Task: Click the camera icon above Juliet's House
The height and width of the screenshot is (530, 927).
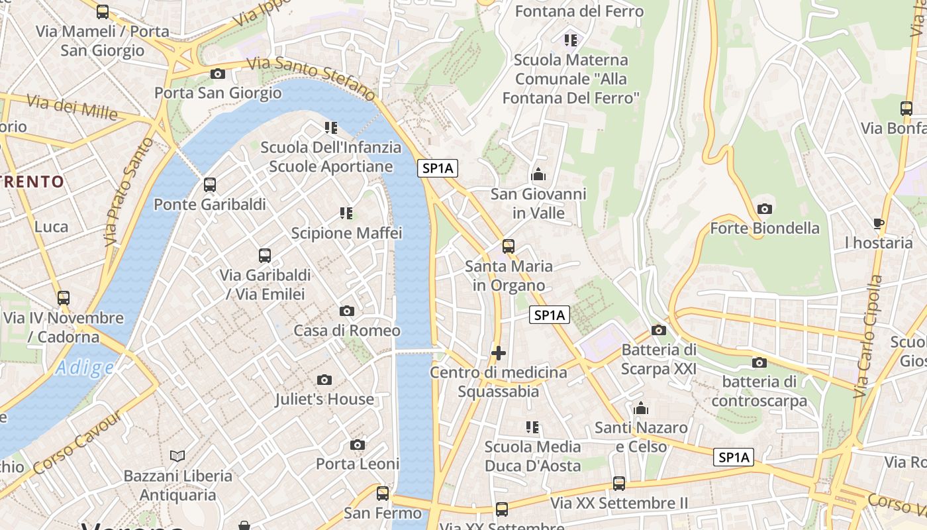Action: [324, 380]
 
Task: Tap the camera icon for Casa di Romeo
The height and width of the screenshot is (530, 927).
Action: [346, 311]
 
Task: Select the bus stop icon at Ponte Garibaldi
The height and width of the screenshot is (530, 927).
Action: [210, 185]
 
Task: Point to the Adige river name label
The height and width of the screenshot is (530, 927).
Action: [84, 368]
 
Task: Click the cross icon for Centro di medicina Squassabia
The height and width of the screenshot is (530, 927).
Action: [499, 353]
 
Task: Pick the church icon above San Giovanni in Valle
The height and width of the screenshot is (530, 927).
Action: [538, 175]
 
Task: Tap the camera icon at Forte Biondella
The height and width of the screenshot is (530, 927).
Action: [764, 209]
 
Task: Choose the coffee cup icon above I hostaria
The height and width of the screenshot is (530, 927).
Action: [879, 223]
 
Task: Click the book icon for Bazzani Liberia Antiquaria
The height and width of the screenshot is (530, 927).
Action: [177, 456]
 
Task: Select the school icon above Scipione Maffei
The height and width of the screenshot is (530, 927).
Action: [346, 213]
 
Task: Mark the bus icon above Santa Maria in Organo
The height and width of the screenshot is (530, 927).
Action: [508, 246]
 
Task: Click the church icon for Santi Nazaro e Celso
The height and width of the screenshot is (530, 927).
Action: [640, 409]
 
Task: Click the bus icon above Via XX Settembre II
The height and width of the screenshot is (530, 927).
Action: [618, 484]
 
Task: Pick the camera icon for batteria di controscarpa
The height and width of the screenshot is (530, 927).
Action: [759, 362]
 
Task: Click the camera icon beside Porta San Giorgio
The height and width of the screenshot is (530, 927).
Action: [217, 74]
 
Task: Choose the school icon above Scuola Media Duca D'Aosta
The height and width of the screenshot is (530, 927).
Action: [532, 427]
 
